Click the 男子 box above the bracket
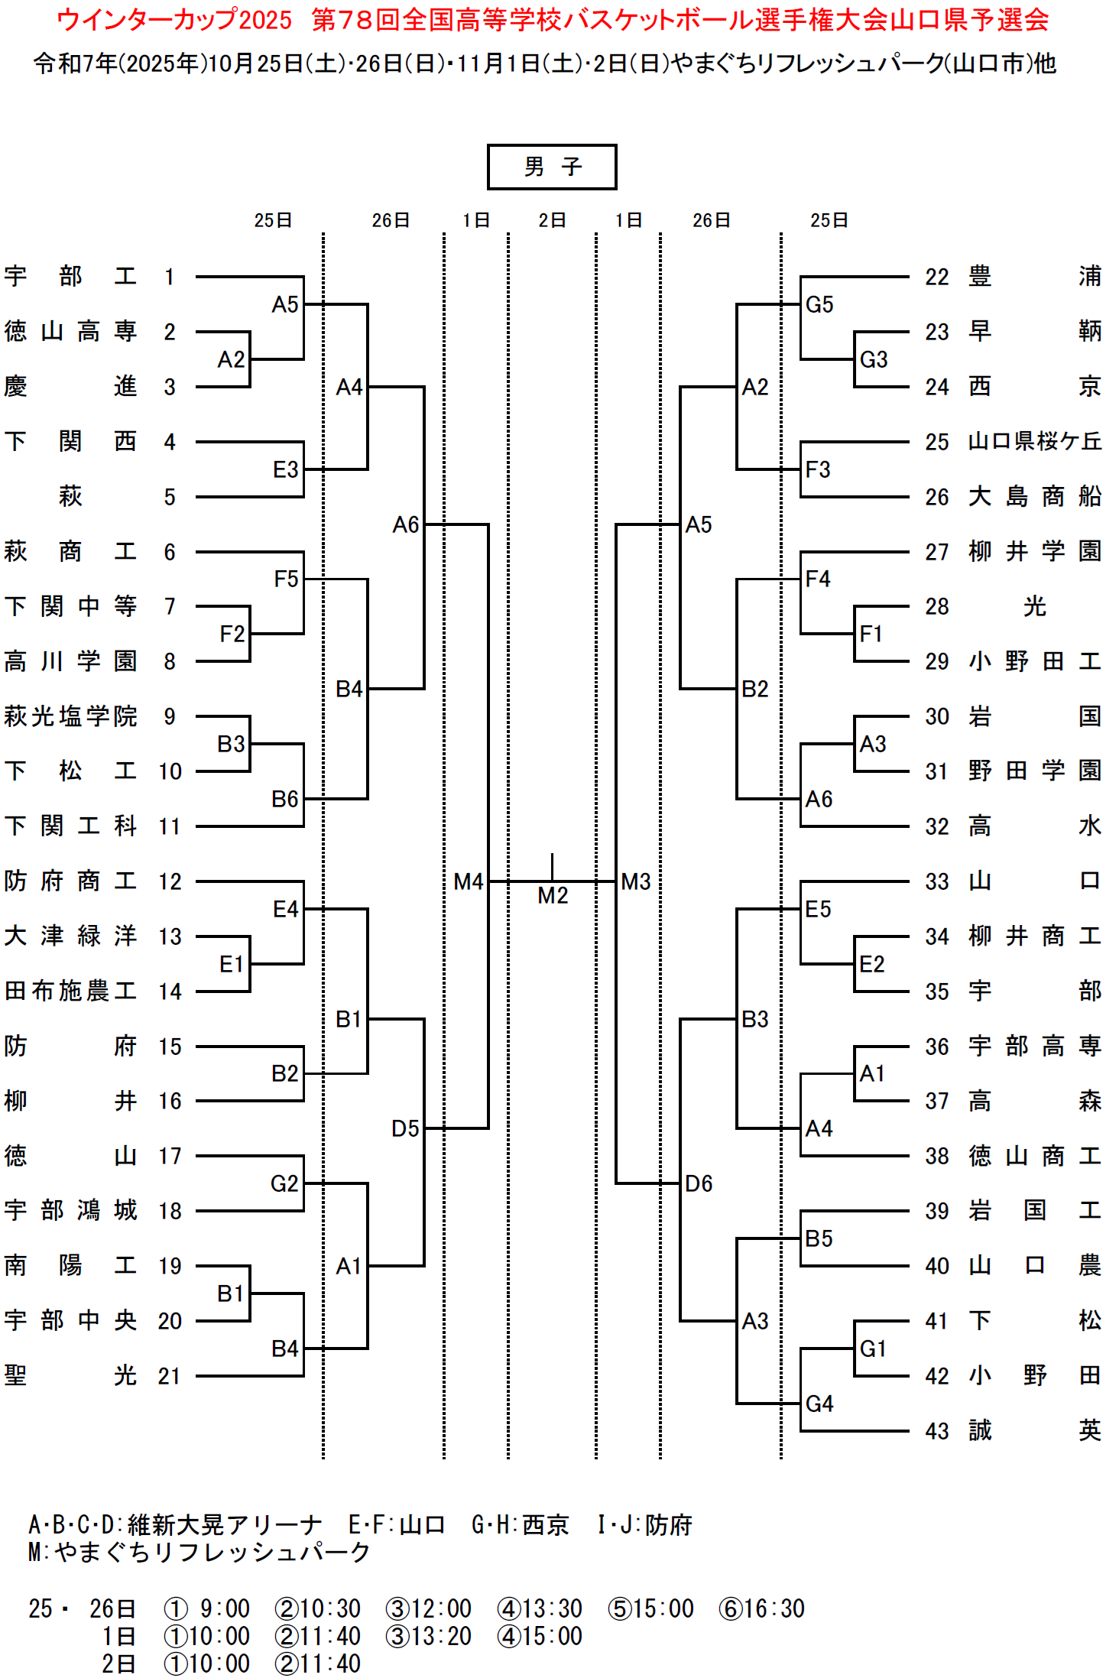[x=552, y=167]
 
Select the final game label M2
[x=553, y=895]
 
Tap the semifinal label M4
[x=468, y=881]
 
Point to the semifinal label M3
[x=636, y=881]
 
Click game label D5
[x=405, y=1128]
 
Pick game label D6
[x=699, y=1183]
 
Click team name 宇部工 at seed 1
[x=70, y=276]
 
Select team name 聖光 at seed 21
[x=70, y=1376]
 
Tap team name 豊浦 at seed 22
[x=1035, y=276]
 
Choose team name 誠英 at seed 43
[x=1035, y=1430]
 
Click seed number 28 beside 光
[x=937, y=607]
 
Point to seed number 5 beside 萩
[x=170, y=498]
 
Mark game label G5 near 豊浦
[x=819, y=304]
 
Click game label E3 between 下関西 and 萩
[x=285, y=469]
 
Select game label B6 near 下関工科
[x=285, y=799]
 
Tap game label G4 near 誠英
[x=819, y=1404]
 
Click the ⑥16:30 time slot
[x=762, y=1608]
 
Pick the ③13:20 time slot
[x=429, y=1636]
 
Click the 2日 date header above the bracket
[x=552, y=220]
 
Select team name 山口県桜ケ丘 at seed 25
[x=1035, y=441]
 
